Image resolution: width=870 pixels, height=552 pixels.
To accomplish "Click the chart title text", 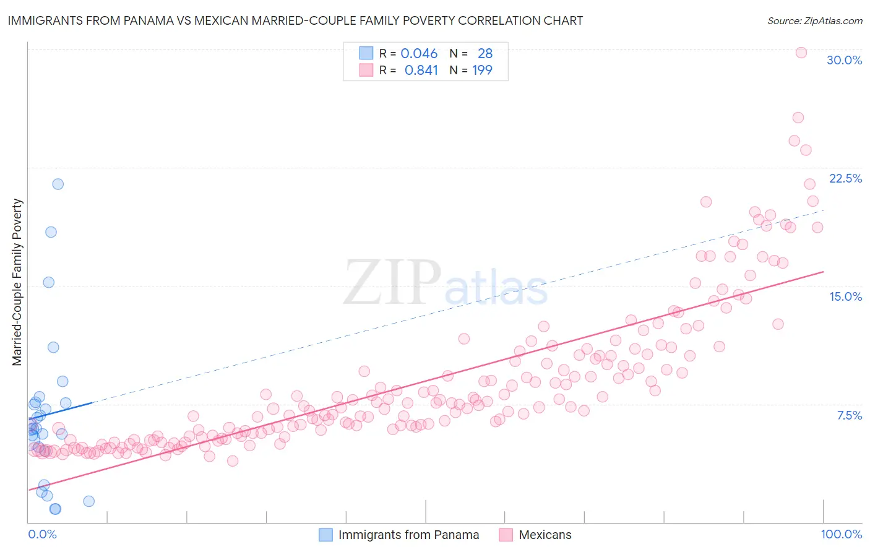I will (x=295, y=20).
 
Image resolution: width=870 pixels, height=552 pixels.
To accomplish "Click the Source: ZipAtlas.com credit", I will (x=814, y=20).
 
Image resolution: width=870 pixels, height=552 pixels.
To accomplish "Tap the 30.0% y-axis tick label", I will (x=844, y=60).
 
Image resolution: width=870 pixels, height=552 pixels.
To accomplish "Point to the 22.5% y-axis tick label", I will (x=845, y=178).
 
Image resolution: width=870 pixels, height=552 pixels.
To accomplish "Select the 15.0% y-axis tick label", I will (x=845, y=296).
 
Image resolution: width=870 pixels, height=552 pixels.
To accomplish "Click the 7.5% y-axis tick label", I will (x=849, y=415).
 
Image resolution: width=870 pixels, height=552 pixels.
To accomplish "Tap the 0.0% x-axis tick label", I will (x=42, y=534).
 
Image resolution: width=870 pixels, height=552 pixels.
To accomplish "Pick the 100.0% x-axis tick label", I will (x=841, y=534).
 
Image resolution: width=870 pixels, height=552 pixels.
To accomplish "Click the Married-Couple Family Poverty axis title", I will (x=17, y=282).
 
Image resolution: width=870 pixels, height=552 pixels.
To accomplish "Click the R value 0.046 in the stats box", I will (x=419, y=53).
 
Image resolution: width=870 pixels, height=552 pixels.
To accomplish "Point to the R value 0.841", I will (x=421, y=70).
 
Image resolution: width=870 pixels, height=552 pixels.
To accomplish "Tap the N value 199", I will (x=482, y=70).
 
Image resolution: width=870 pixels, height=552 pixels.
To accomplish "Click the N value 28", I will (x=485, y=53).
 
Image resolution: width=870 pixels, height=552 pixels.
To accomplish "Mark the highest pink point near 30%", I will (x=801, y=53).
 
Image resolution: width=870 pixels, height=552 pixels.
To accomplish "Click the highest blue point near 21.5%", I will (x=58, y=184).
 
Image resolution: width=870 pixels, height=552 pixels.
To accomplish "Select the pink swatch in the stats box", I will (x=366, y=70).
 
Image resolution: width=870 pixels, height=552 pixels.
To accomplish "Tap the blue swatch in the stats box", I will (x=366, y=53).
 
